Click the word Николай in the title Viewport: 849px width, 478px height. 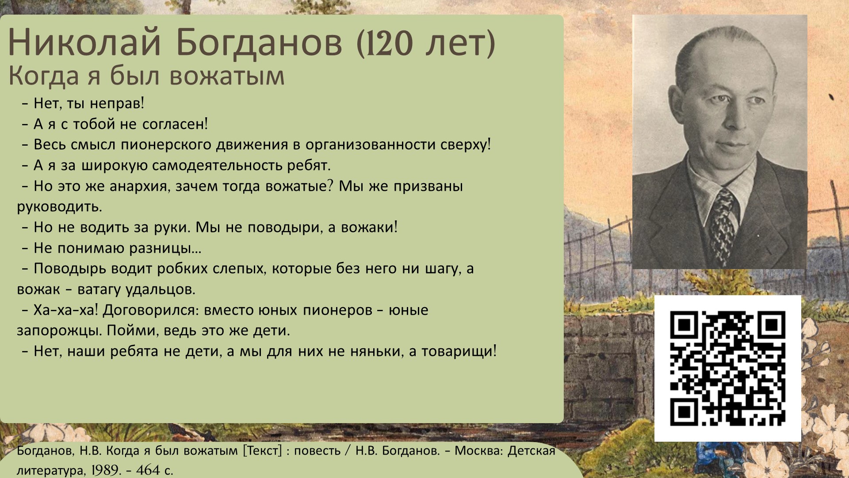(84, 42)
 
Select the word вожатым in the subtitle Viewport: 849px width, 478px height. (227, 76)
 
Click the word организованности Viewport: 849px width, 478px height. (370, 145)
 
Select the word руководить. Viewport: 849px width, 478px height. (60, 207)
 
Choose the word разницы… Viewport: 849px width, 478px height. (165, 249)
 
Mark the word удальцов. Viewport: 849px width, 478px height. (161, 290)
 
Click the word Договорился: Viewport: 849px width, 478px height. (151, 310)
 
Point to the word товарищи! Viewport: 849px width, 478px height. (459, 351)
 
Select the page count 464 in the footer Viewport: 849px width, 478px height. (148, 470)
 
